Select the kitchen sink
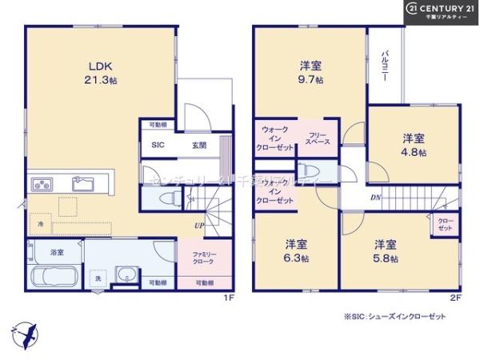[82, 185]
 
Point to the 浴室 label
[57, 252]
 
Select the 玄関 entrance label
[199, 146]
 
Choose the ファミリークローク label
[205, 257]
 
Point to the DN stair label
[375, 197]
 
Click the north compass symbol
[24, 332]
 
